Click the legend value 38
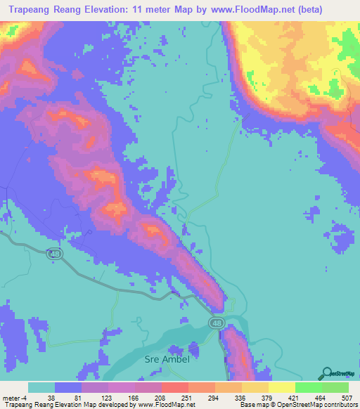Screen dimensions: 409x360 pyautogui.click(x=51, y=397)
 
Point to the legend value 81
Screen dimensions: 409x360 pyautogui.click(x=77, y=397)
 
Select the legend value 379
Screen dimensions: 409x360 pyautogui.click(x=266, y=397)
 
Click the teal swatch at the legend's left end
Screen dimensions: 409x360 pyautogui.click(x=41, y=387)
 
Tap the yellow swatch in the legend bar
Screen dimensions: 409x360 pyautogui.click(x=281, y=387)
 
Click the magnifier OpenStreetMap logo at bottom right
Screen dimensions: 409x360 pyautogui.click(x=326, y=374)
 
